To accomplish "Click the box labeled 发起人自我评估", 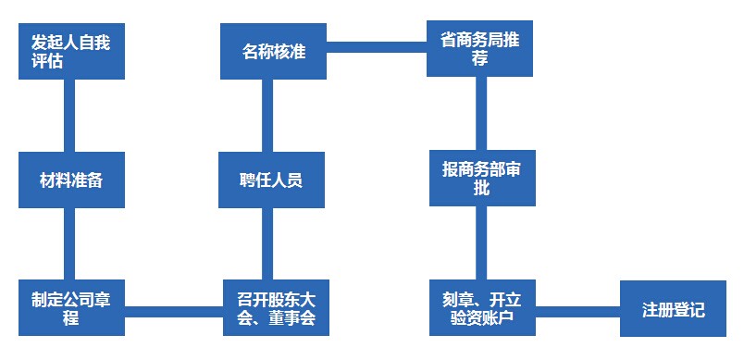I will pos(72,51).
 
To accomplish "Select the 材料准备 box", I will pos(72,180).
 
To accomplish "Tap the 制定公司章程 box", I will pos(72,308).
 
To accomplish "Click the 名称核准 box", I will pos(274,51).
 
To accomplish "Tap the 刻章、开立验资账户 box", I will pos(479,308).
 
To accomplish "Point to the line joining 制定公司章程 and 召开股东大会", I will pos(174,308).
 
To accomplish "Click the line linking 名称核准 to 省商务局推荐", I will pos(376,44).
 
